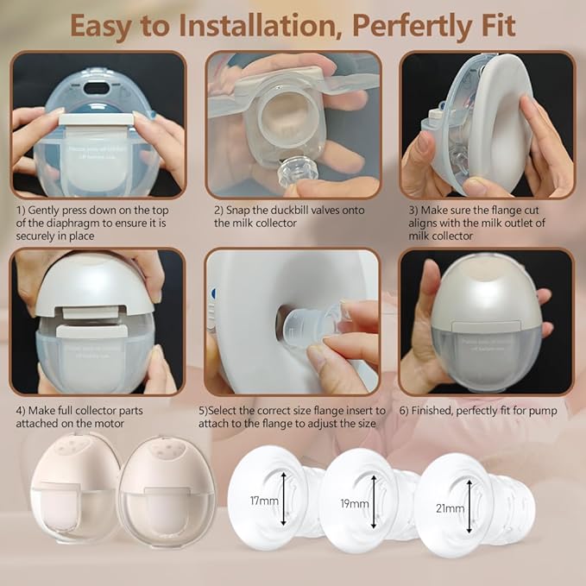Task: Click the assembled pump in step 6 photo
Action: point(486,320)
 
